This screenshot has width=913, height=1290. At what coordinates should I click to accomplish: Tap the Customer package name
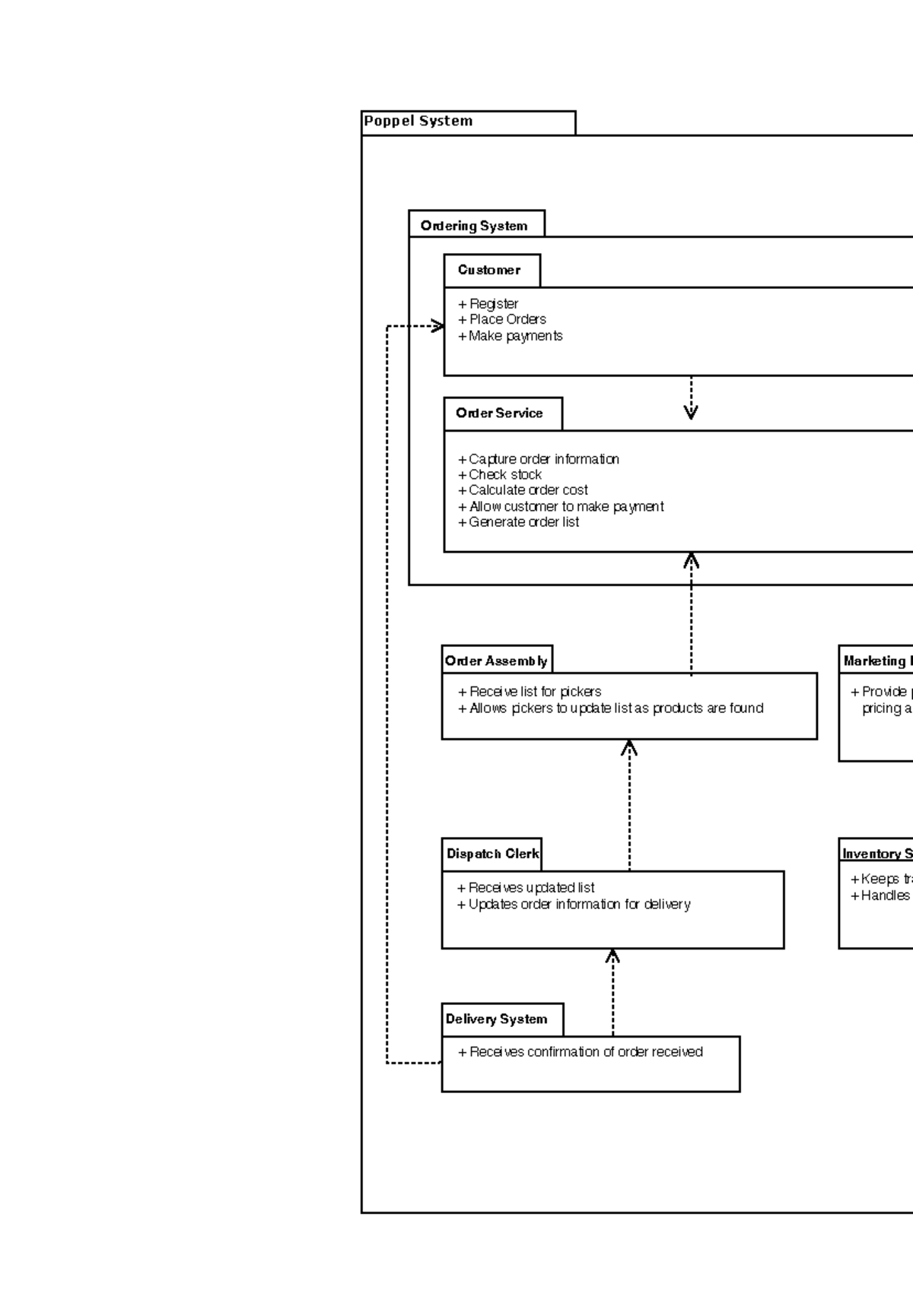pos(490,271)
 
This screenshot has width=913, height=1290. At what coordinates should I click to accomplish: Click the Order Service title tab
pos(501,414)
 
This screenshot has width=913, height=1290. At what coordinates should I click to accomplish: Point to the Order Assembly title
pos(496,660)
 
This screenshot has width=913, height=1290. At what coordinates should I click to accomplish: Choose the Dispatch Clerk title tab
pos(491,854)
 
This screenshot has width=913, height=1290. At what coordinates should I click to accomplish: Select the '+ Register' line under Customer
pos(488,303)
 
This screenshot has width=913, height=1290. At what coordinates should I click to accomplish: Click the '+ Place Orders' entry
pos(502,319)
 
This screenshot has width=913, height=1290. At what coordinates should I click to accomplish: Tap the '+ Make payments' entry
pos(511,336)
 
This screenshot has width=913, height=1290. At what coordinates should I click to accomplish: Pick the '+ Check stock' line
pos(500,474)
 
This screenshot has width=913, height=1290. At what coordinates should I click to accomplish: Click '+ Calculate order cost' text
pos(523,490)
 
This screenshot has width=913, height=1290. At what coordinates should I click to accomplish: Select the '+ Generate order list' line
pos(519,522)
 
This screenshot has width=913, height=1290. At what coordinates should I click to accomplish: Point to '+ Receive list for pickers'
pos(530,692)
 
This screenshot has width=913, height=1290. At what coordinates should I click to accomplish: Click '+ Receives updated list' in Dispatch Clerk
pos(526,888)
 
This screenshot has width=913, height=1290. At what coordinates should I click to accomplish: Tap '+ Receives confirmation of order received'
pos(581,1052)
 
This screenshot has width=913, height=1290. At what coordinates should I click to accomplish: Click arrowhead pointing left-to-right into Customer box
pos(437,327)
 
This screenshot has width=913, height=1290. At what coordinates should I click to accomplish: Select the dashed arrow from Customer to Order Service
pos(691,397)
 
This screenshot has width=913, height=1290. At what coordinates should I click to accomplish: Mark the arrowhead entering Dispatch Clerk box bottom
pos(612,956)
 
